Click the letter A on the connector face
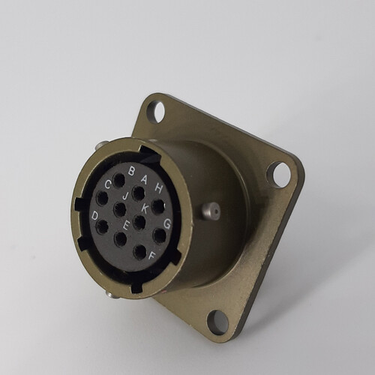144,179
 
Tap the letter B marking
132,172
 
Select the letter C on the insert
108,185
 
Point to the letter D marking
94,215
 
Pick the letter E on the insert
126,226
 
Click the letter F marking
152,256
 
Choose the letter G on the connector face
167,223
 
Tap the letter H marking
157,188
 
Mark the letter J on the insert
124,196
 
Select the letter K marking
145,208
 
